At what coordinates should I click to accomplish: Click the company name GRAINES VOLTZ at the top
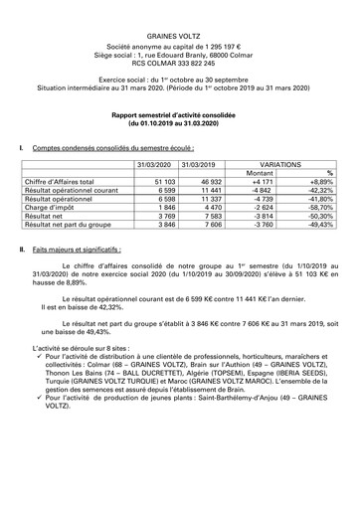pos(180,34)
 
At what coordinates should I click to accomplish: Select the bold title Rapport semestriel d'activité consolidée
pos(180,114)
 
